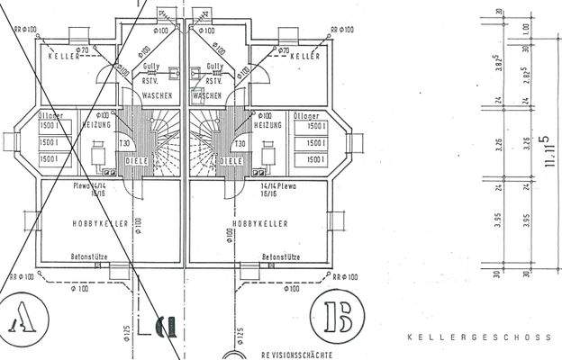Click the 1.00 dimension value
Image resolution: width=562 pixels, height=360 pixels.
pos(525,29)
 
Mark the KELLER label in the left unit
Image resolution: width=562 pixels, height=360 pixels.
pos(64,57)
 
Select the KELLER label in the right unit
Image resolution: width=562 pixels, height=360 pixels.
pos(305,56)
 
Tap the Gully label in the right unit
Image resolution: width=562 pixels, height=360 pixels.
pos(214,67)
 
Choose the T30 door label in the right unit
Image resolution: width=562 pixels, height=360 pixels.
pos(240,144)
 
